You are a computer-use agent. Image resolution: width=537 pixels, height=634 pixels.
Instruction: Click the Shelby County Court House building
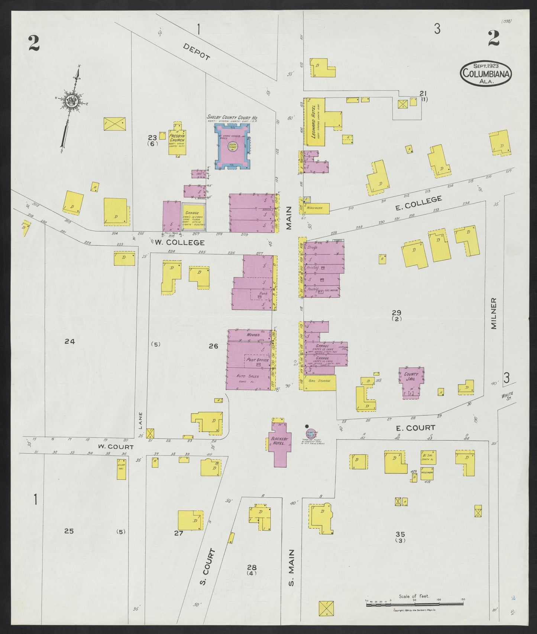(232, 147)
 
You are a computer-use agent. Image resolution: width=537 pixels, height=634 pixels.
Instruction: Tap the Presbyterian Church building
(177, 142)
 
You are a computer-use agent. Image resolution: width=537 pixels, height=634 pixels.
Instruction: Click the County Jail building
(411, 383)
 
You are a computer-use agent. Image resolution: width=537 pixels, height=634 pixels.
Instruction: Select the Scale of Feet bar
(414, 605)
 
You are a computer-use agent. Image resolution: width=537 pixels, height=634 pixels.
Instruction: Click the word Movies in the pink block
(253, 335)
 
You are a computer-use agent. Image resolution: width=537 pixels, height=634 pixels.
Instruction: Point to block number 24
(70, 341)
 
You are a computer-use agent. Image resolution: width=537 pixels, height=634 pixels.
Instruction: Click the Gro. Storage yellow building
(320, 382)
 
